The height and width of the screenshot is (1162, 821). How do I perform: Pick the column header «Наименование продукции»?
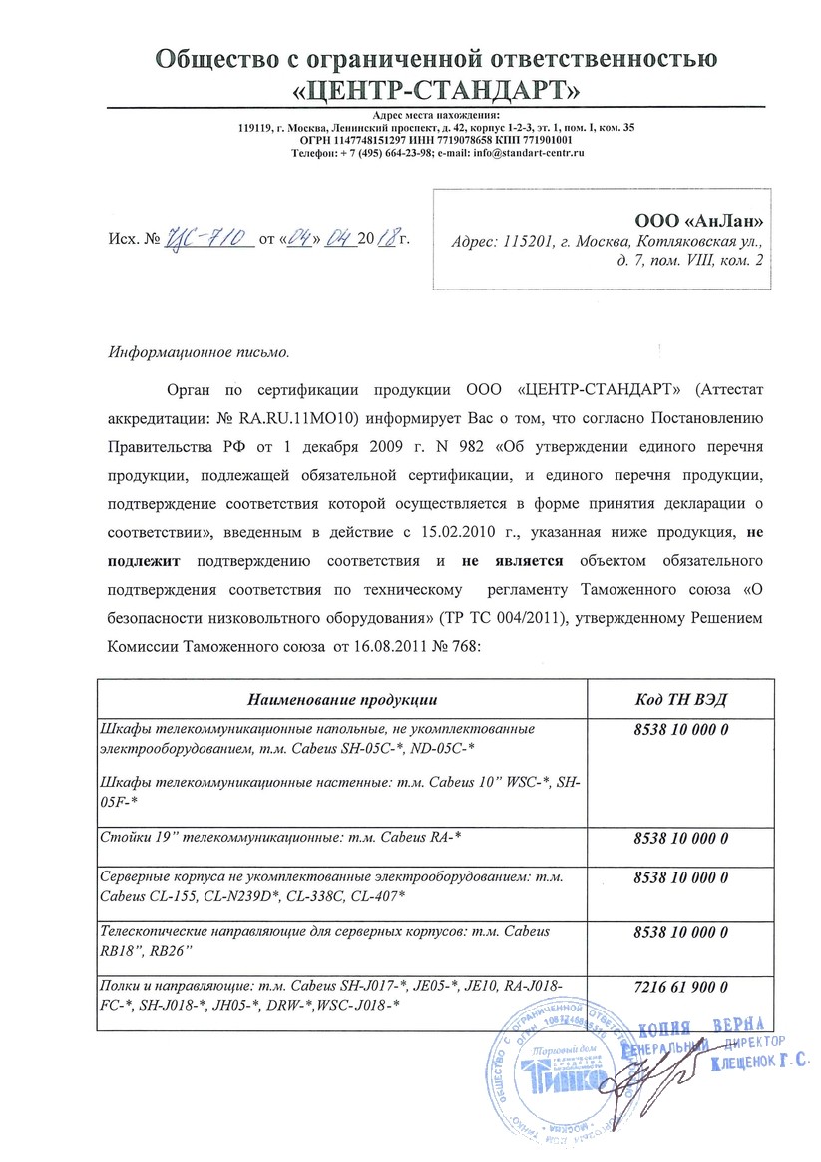(x=344, y=697)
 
